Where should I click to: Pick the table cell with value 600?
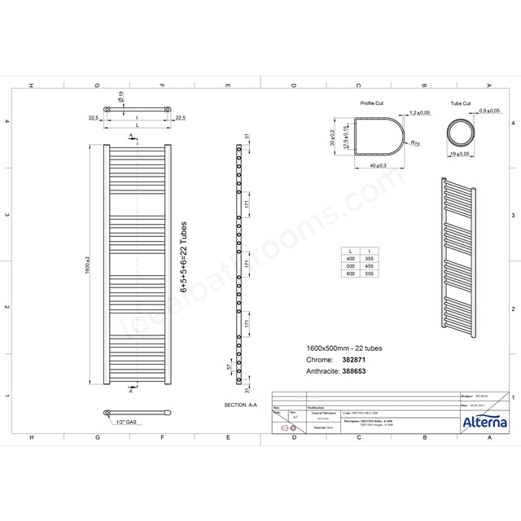click(x=350, y=275)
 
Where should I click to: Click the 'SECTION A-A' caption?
click(x=240, y=404)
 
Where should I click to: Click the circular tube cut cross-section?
click(x=462, y=131)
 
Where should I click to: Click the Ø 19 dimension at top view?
click(x=120, y=98)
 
